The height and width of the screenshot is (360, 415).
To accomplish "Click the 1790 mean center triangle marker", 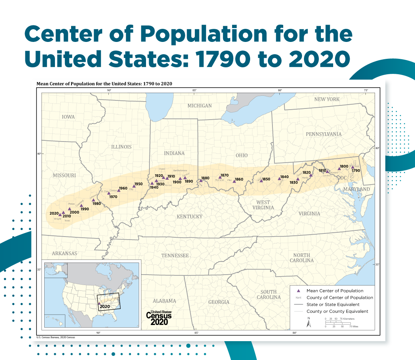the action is (352, 167).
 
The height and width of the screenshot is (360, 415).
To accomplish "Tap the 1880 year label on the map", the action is (205, 178).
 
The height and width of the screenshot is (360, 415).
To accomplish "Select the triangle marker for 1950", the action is (134, 186).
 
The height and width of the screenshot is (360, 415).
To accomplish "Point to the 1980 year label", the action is (96, 203).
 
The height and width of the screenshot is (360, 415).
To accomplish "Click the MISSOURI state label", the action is (64, 175).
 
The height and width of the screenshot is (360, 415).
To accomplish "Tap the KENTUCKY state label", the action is (189, 217).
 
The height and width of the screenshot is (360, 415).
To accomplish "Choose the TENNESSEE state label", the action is (175, 256).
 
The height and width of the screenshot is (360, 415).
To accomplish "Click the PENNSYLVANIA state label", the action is (324, 134).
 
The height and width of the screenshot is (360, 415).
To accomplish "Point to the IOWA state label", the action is (68, 117).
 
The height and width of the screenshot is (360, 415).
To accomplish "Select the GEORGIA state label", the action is (219, 302).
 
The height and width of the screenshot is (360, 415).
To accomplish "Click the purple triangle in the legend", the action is (298, 291).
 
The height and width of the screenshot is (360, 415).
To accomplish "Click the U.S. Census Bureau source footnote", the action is (56, 337).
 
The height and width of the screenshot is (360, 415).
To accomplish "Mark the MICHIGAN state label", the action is (199, 106).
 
